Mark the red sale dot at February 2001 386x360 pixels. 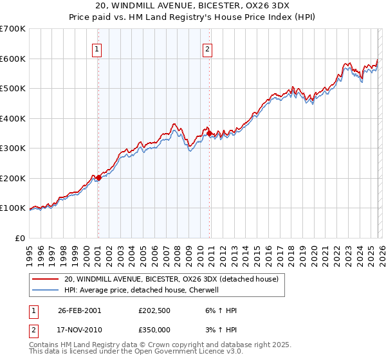[x=98, y=177]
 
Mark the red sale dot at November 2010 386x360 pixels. [x=209, y=133]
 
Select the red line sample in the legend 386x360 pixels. [x=45, y=280]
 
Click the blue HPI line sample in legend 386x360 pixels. [x=45, y=290]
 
